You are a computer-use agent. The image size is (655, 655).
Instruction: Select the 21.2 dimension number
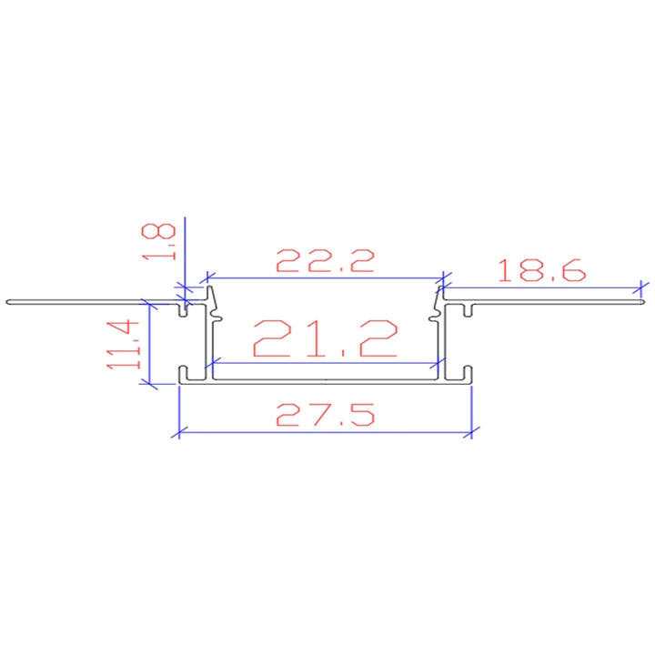tap(325, 338)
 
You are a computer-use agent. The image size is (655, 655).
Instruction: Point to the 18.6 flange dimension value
tap(542, 270)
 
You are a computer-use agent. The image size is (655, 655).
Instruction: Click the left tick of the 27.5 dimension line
tap(178, 431)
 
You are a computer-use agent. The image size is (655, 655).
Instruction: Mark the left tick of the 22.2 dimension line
tap(208, 274)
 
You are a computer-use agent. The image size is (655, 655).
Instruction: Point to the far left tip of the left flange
tap(7, 300)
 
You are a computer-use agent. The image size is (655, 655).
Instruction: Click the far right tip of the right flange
tap(647, 300)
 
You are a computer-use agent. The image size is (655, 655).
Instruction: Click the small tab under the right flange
tap(467, 310)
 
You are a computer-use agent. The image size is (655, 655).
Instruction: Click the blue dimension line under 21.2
tap(325, 363)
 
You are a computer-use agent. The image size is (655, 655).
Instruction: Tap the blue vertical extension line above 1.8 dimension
tap(184, 246)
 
